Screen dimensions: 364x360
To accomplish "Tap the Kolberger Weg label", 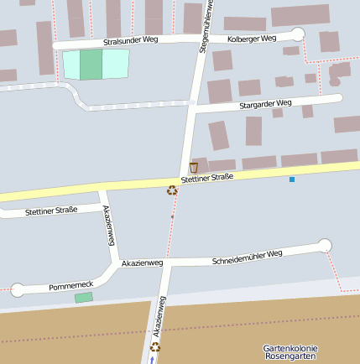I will pos(252,39).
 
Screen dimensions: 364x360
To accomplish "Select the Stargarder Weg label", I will pos(265,103).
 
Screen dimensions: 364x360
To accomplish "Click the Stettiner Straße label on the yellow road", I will pos(206,178).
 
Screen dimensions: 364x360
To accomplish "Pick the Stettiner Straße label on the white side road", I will pos(51,210).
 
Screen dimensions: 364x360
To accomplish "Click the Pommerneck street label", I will pos(70,285).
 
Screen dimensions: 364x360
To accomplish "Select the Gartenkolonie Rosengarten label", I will pos(290,351).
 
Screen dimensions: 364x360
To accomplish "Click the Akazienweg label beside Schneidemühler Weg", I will pos(143,263).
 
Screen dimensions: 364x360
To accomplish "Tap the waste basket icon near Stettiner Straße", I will pos(194,168).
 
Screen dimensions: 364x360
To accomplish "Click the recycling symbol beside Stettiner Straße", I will pos(172,190).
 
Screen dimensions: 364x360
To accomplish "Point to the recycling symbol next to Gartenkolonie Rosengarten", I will pos(155,346).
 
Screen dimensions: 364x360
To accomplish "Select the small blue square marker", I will pos(292,179).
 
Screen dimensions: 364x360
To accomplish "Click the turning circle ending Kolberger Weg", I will pos(297,34).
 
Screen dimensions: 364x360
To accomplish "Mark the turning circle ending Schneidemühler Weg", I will pos(325,245).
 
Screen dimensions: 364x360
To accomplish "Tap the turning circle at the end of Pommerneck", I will pos(18,290).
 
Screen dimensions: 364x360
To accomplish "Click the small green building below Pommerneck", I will pos(83,298).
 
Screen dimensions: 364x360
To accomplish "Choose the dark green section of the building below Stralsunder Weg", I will pos(91,65).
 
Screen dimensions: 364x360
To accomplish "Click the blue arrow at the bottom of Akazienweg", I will pos(152,360).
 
